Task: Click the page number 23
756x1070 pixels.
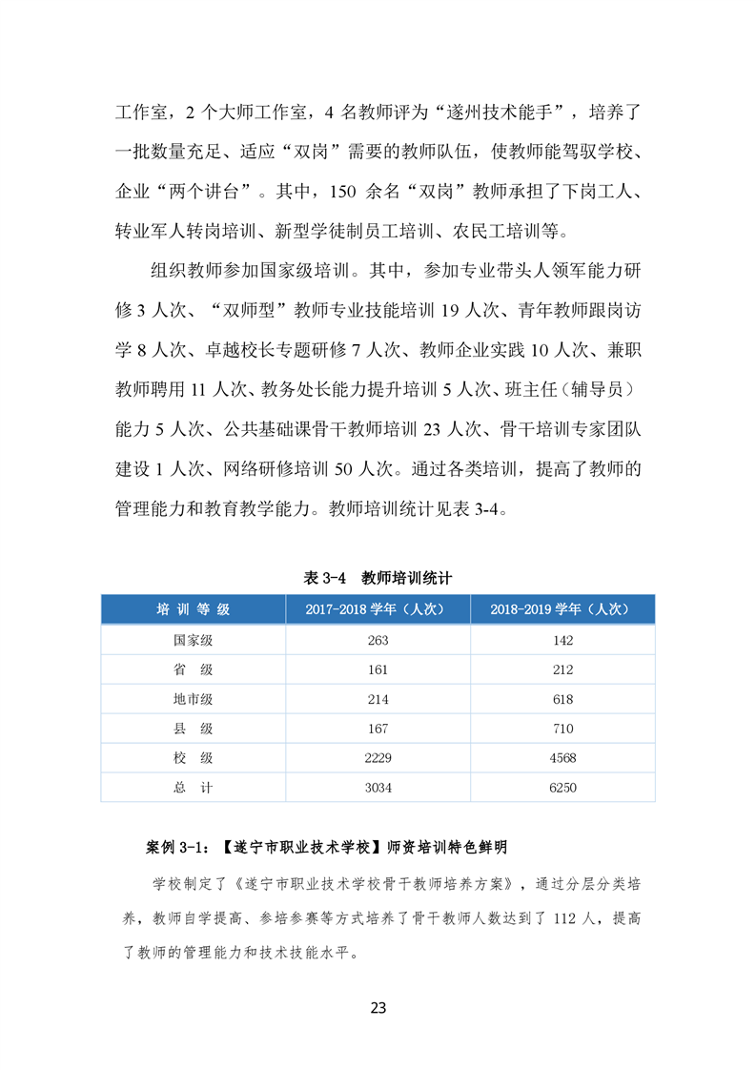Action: [378, 1007]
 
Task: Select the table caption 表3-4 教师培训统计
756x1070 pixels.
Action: [377, 578]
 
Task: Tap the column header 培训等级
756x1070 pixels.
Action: [193, 609]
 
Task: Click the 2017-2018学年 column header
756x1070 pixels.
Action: [377, 609]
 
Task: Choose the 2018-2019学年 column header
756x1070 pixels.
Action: [562, 609]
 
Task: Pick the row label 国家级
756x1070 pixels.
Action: [193, 640]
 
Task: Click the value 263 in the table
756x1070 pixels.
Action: [378, 640]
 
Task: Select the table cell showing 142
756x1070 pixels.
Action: [562, 640]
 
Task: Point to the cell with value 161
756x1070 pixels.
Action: [378, 669]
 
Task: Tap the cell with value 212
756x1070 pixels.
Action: [562, 669]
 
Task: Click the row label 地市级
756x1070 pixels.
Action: [193, 699]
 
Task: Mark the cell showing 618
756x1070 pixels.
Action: [562, 699]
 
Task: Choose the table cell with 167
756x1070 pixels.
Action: [378, 729]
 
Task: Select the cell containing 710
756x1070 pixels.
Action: [562, 729]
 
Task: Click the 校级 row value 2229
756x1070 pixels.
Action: [378, 758]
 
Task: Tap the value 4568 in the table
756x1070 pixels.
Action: [562, 758]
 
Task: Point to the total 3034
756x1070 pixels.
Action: [378, 788]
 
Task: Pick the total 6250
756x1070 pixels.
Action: [562, 788]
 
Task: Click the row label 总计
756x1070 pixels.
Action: [193, 788]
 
